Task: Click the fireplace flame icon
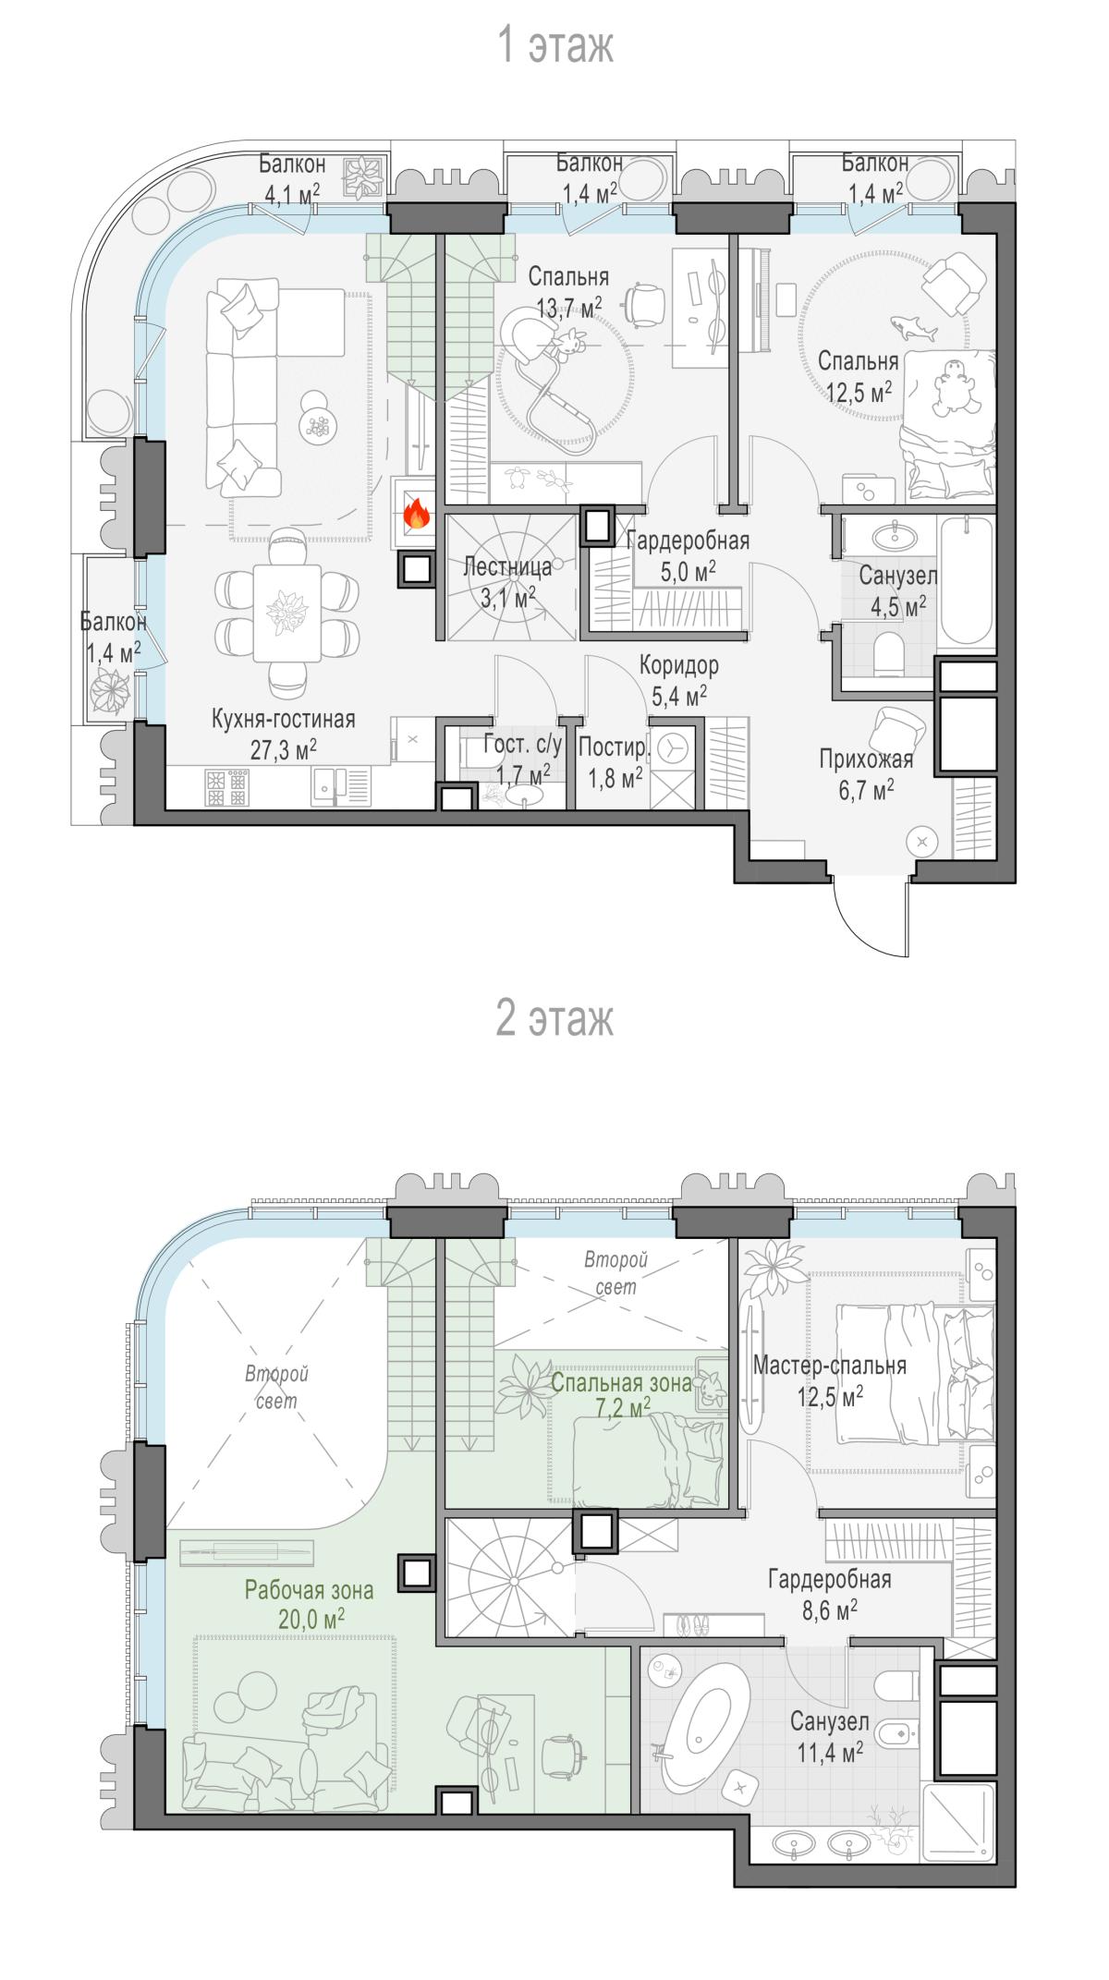(417, 513)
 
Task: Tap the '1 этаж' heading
(555, 44)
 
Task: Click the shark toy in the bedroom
(912, 327)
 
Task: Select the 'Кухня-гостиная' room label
(283, 719)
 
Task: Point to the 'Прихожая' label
(866, 759)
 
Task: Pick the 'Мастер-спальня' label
(830, 1365)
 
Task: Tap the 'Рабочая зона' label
(309, 1590)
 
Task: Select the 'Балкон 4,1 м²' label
(292, 178)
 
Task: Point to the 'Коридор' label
(679, 665)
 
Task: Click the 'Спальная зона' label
(621, 1383)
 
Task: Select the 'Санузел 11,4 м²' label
(830, 1736)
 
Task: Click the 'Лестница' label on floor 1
(507, 566)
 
